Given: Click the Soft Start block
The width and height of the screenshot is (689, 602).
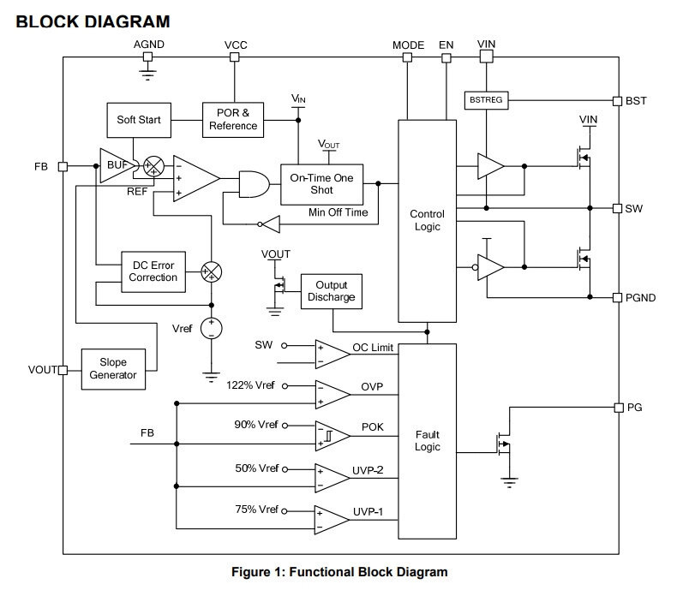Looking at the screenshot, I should pos(139,120).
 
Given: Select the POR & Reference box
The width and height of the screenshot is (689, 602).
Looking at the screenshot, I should pos(233,119).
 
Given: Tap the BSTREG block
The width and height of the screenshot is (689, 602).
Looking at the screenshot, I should pos(486,100).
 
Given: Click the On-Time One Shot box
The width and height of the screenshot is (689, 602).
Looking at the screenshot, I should pos(321,183).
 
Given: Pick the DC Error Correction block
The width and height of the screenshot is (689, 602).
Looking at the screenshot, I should pos(153,271).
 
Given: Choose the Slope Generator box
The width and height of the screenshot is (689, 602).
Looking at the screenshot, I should pos(113,369).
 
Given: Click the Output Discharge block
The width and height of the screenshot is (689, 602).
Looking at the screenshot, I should pos(331,291).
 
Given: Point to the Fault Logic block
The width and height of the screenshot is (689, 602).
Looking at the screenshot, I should pos(427,441).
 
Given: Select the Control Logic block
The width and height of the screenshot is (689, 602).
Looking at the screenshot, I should pos(427,220).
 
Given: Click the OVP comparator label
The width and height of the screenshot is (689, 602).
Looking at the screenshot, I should pos(372,386).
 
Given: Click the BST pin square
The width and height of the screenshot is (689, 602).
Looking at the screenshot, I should pos(617,101).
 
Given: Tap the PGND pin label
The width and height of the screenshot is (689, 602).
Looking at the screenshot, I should pos(641,298).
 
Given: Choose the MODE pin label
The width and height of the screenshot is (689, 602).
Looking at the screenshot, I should pos(409,45).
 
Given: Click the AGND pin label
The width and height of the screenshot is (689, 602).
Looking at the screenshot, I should pos(148,45).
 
